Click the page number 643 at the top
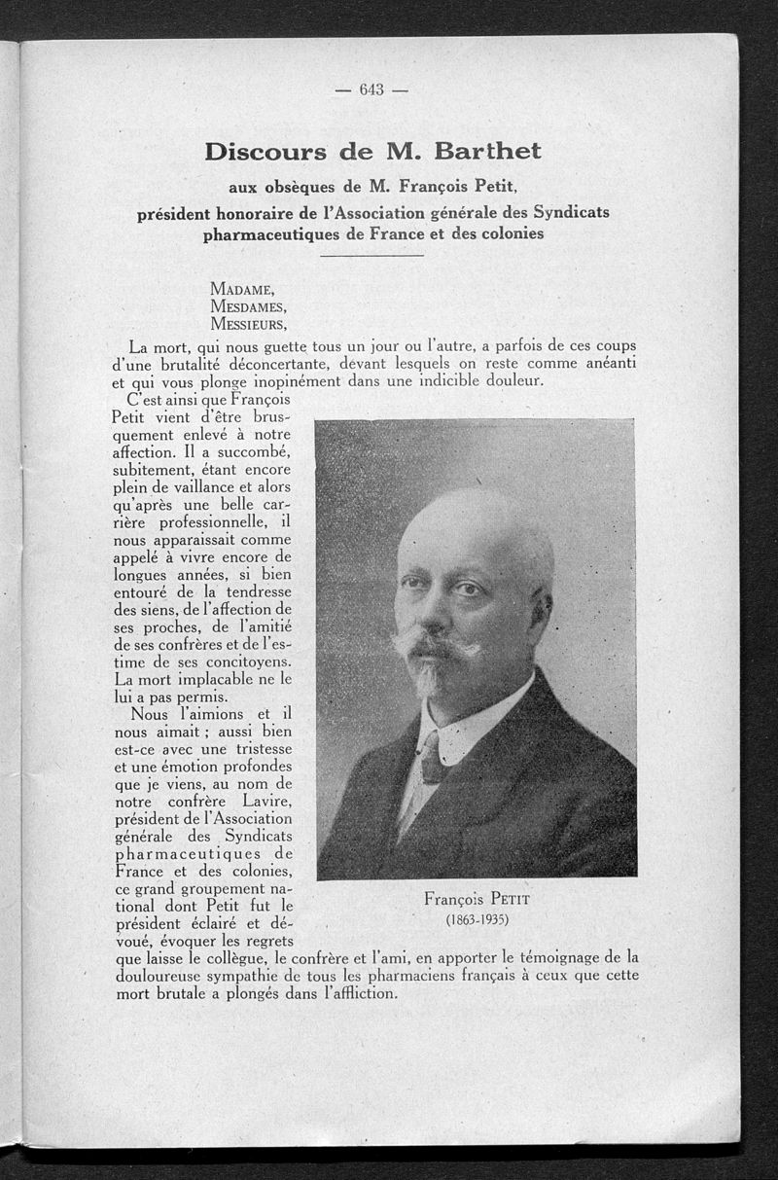coord(372,90)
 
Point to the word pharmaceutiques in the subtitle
coord(267,234)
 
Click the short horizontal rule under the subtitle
coord(371,256)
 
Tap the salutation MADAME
coord(242,288)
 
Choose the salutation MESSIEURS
coord(248,324)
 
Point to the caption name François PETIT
coord(477,899)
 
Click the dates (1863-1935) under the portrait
coord(477,919)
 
